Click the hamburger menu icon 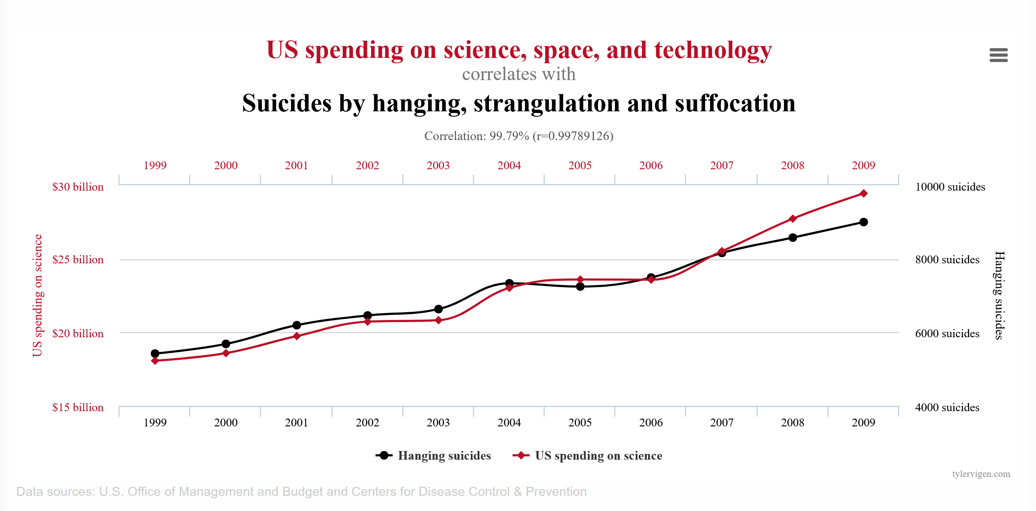tap(998, 55)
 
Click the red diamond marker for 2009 tap(863, 193)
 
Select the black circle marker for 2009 tap(863, 222)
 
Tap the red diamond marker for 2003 tap(438, 320)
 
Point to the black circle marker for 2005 tap(580, 286)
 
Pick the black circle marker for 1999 tap(155, 353)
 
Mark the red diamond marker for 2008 tap(793, 219)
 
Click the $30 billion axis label tap(78, 187)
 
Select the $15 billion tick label tap(78, 407)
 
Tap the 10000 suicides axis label tap(950, 187)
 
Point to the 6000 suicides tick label tap(947, 334)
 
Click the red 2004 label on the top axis tap(509, 166)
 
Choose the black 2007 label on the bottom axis tap(722, 423)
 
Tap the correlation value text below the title tap(519, 136)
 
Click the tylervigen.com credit tap(981, 474)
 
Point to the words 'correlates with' tap(519, 74)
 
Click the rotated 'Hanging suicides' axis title tap(999, 295)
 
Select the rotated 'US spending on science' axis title tap(37, 295)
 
